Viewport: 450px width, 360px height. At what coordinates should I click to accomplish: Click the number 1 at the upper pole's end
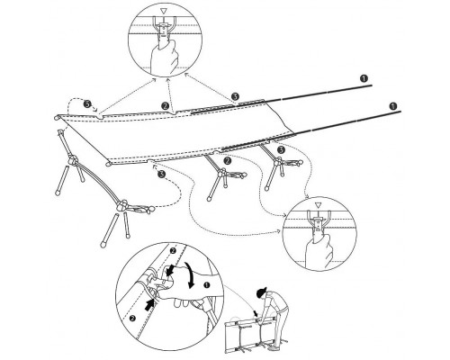click(x=364, y=78)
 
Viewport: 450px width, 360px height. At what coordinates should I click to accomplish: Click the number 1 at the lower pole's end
click(x=393, y=106)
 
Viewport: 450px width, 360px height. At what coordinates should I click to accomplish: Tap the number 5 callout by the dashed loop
click(x=87, y=104)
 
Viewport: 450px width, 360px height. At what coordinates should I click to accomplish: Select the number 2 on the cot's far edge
click(x=165, y=105)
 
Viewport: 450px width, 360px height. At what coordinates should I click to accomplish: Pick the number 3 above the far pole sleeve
click(x=235, y=96)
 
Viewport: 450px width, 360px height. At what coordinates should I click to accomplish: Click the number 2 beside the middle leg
click(x=228, y=160)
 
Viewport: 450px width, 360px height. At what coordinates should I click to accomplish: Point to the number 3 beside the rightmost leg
click(x=281, y=149)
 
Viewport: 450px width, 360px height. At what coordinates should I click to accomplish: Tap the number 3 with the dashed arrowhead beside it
click(x=162, y=174)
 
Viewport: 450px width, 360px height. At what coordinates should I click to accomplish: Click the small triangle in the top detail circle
click(x=163, y=12)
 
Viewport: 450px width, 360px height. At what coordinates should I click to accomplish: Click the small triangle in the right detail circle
click(x=318, y=205)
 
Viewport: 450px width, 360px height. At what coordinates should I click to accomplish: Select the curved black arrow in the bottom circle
click(x=190, y=274)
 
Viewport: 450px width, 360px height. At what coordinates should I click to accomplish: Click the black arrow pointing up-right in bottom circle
click(x=150, y=304)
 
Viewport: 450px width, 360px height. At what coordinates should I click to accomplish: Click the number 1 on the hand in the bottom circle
click(x=206, y=285)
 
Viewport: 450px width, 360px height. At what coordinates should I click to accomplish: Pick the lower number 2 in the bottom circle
click(x=132, y=319)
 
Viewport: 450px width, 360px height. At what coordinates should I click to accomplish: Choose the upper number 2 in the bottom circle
click(x=173, y=250)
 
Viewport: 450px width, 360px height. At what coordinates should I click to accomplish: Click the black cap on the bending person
click(x=261, y=292)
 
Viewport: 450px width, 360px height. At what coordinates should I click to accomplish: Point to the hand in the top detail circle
click(x=164, y=56)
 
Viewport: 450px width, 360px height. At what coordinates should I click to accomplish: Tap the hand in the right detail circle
click(x=319, y=250)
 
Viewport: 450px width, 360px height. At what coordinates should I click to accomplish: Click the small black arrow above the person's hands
click(x=255, y=313)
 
